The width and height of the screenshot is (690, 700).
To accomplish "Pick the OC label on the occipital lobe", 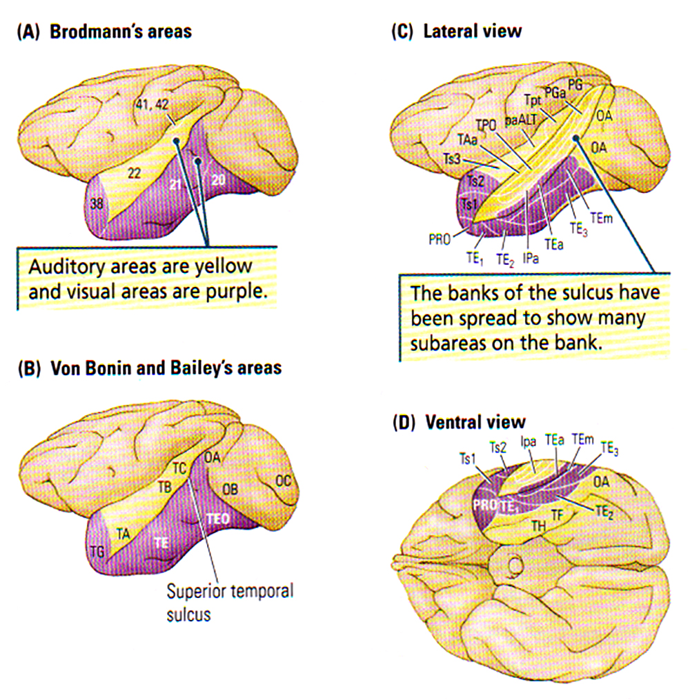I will pyautogui.click(x=282, y=480).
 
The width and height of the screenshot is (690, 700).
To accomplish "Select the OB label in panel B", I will pyautogui.click(x=230, y=489).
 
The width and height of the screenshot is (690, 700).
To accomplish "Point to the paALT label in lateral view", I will pyautogui.click(x=520, y=120).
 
